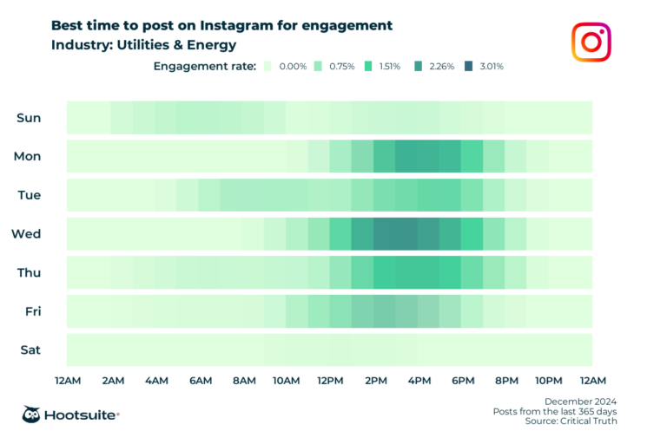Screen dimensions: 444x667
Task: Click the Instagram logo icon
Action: coord(591,42)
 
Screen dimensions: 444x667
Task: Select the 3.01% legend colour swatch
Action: coord(469,66)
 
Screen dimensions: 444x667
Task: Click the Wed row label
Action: coord(26,233)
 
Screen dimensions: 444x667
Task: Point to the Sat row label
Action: coord(29,350)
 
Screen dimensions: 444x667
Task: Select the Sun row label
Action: coord(29,117)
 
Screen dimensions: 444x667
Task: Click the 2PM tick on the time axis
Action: coord(375,380)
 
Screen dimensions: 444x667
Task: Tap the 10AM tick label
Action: coord(287,380)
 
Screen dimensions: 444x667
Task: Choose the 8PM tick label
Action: coord(506,380)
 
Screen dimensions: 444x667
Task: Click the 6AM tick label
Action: coord(200,380)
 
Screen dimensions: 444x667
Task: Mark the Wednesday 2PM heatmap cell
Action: coord(385,233)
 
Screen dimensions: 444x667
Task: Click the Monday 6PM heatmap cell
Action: coord(472,156)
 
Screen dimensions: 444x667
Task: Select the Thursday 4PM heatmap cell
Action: coord(428,272)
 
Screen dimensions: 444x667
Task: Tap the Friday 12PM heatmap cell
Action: coord(340,311)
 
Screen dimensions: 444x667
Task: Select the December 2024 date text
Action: coord(580,401)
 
